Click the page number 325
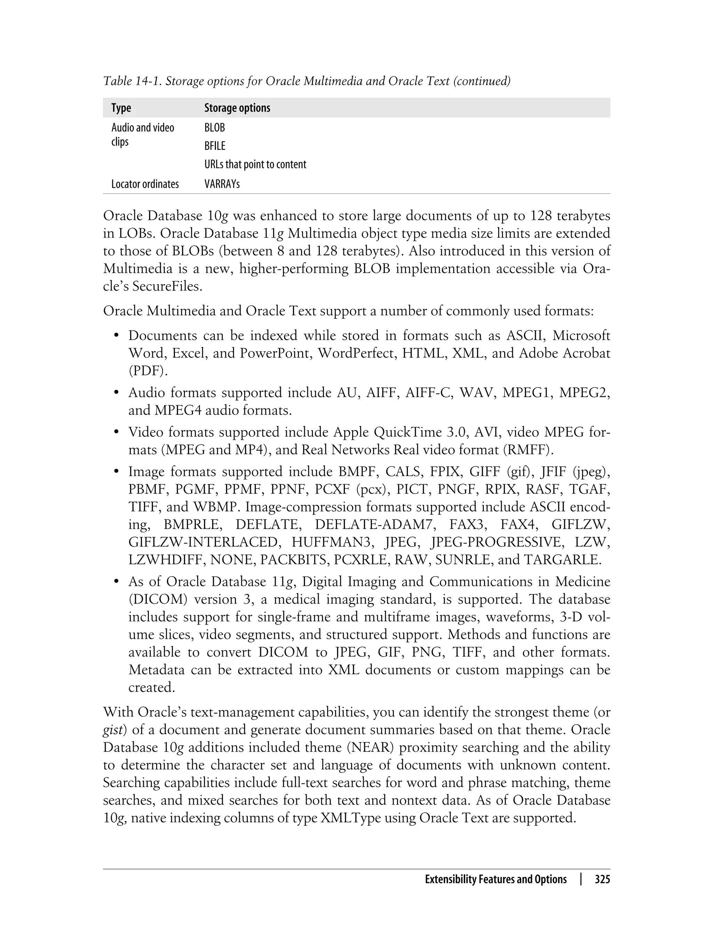602,879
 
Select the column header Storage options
237,108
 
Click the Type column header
121,108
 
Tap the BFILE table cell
215,146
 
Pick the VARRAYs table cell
222,184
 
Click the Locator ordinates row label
145,184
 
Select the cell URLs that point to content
255,164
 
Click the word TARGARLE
563,560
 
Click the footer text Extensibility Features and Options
495,879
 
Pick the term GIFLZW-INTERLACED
203,542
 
